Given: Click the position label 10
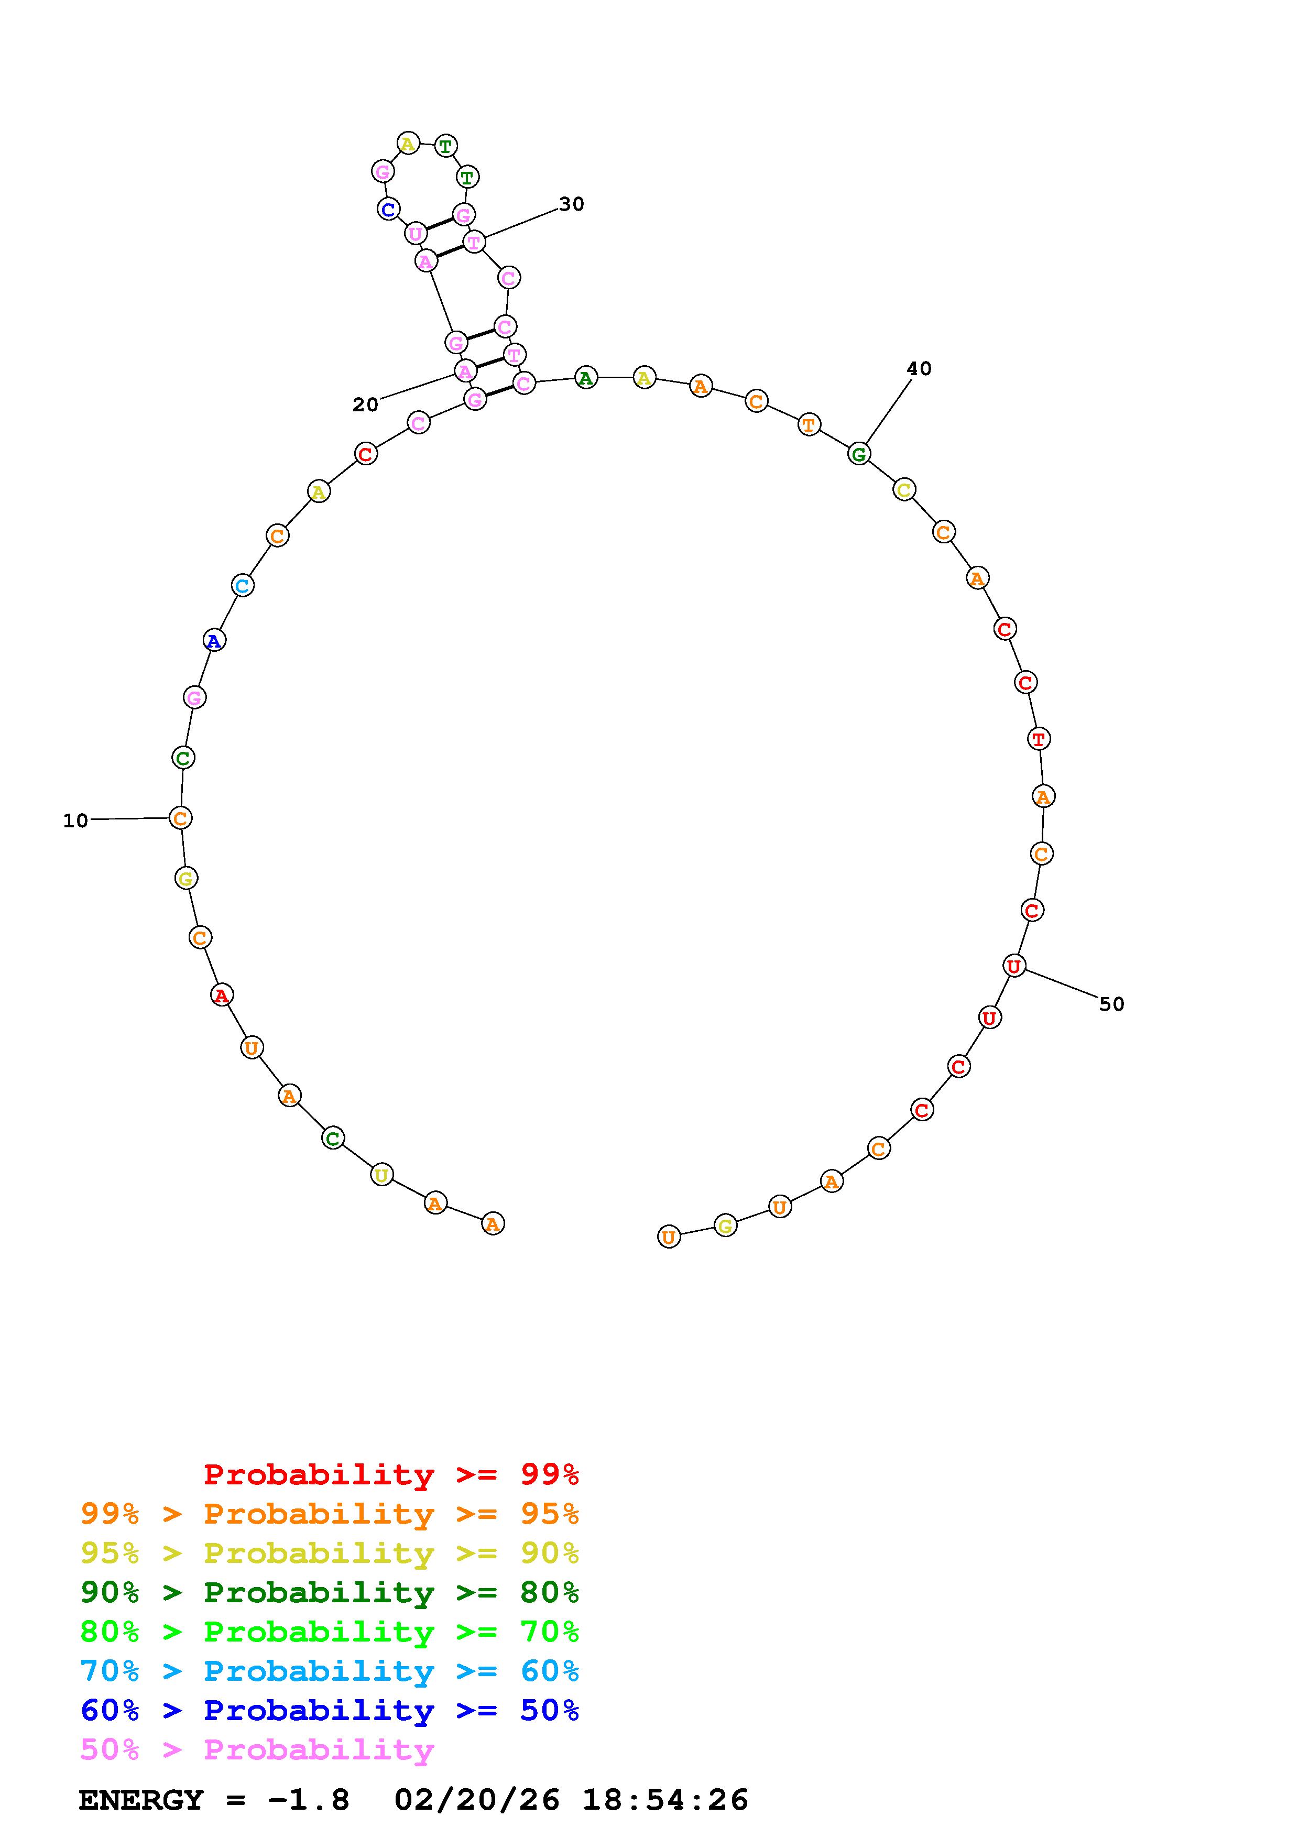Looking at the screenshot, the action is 75,820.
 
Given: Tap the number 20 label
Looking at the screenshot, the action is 365,405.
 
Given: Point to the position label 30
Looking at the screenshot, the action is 572,204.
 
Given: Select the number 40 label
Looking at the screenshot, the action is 919,368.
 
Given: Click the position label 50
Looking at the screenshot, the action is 1112,1004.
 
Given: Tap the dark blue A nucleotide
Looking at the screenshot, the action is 214,640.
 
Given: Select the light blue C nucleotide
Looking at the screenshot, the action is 243,585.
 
